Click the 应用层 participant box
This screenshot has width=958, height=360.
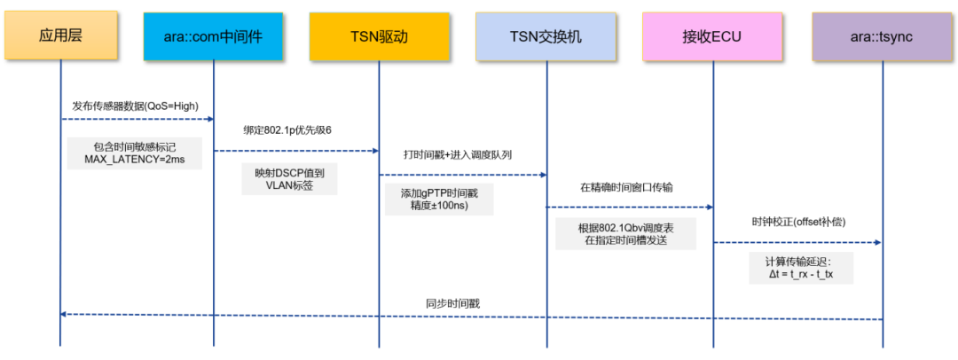click(60, 36)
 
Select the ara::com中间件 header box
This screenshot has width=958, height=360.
click(214, 36)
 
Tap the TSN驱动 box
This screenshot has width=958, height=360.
click(379, 36)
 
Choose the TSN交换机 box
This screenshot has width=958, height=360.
click(546, 36)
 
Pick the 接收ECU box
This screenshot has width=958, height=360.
click(711, 36)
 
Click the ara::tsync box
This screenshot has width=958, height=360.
click(882, 36)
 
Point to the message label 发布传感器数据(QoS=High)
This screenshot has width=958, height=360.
click(135, 106)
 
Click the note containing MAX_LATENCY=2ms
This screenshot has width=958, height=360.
click(135, 153)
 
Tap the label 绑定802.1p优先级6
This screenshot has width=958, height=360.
click(287, 130)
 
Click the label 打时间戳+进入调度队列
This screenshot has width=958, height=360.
click(458, 154)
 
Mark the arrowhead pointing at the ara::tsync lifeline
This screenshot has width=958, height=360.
click(878, 242)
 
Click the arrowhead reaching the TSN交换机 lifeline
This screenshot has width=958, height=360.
click(542, 175)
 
